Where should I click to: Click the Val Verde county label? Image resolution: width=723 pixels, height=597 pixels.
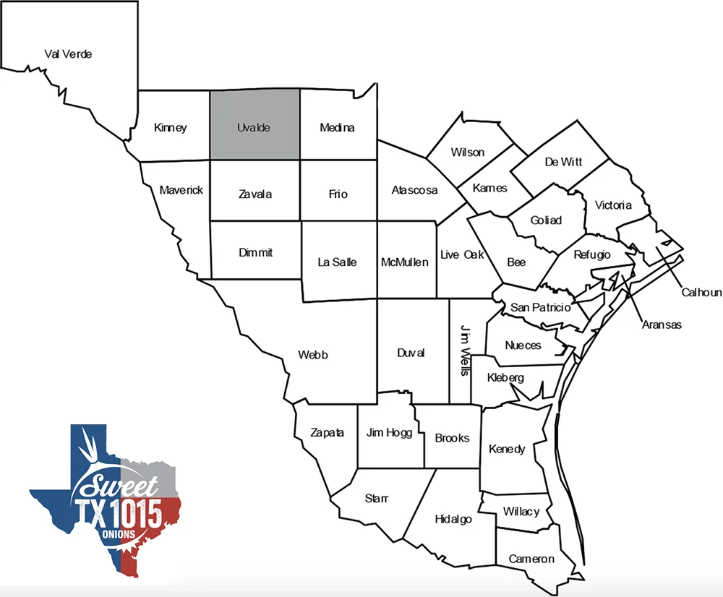click(x=68, y=53)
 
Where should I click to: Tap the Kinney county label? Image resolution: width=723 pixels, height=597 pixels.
click(x=171, y=128)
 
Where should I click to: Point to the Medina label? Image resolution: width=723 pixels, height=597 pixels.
click(x=337, y=128)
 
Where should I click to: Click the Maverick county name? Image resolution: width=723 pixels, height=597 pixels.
click(x=181, y=190)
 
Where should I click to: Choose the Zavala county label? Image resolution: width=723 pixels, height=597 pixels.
click(x=255, y=194)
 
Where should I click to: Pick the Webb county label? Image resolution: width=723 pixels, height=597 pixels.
click(x=313, y=355)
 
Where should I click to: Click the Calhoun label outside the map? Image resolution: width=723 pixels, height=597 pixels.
click(x=701, y=292)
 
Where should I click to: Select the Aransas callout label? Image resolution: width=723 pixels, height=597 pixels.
click(x=662, y=325)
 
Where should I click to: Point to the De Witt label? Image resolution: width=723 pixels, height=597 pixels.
click(x=563, y=162)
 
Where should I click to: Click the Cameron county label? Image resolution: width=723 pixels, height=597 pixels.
click(x=531, y=559)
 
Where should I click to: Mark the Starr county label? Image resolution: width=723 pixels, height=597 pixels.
click(x=377, y=499)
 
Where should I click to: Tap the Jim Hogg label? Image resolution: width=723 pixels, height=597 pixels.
click(x=389, y=433)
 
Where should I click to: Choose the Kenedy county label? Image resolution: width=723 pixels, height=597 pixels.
click(x=507, y=449)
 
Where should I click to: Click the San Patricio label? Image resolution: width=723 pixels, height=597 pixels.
click(x=541, y=307)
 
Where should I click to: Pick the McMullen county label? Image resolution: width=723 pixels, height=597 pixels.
click(x=405, y=262)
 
